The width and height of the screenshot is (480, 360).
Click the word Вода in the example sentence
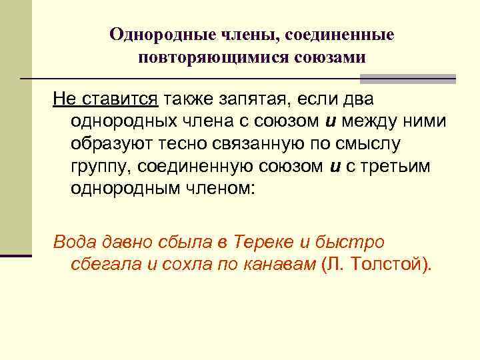click(x=75, y=242)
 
